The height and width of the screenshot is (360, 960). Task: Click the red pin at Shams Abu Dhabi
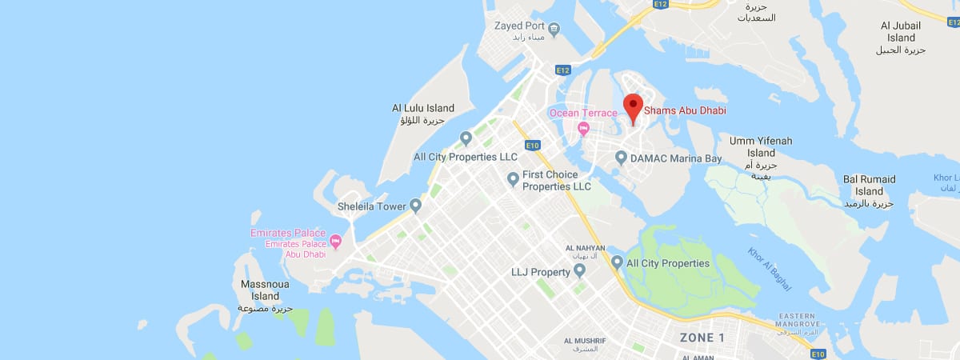pyautogui.click(x=633, y=107)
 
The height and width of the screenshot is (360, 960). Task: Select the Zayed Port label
pyautogui.click(x=519, y=26)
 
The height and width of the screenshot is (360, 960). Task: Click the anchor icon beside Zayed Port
pyautogui.click(x=554, y=29)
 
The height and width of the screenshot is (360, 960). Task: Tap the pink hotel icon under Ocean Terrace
pyautogui.click(x=584, y=129)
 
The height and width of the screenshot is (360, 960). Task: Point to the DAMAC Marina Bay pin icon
pyautogui.click(x=620, y=158)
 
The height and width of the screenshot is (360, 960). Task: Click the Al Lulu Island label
pyautogui.click(x=422, y=108)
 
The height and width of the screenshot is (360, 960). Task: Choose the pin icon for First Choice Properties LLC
pyautogui.click(x=514, y=179)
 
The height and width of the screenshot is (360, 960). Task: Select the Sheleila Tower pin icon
pyautogui.click(x=416, y=206)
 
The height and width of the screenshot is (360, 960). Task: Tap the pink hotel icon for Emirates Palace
pyautogui.click(x=336, y=240)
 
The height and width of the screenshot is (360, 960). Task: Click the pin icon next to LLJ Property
pyautogui.click(x=580, y=272)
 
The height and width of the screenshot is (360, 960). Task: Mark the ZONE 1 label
pyautogui.click(x=702, y=338)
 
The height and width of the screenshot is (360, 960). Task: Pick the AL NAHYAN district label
pyautogui.click(x=585, y=248)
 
